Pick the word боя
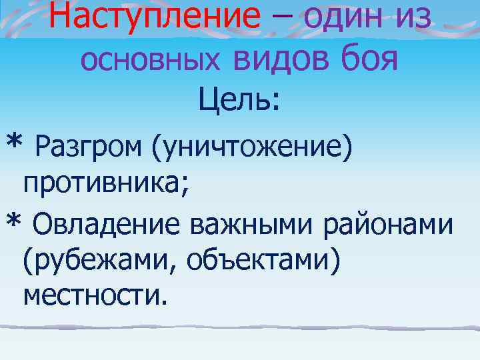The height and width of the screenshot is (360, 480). [369, 60]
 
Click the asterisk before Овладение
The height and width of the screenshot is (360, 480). [13, 221]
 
